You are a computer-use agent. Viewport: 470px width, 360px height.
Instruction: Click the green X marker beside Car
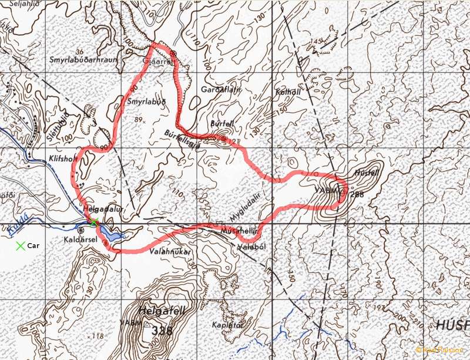21,245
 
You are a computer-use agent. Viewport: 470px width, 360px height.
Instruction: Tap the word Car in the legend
33,245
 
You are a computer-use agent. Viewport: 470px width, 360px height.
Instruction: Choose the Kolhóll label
287,93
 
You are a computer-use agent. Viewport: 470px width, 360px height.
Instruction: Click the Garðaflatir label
218,90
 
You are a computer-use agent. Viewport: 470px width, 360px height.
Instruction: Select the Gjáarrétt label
155,60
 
